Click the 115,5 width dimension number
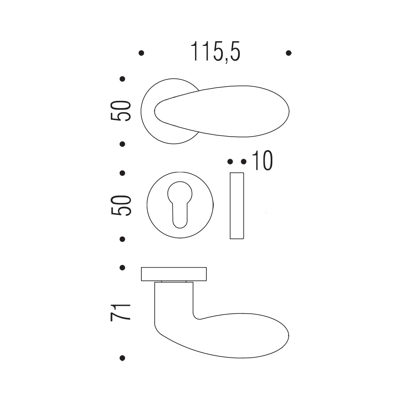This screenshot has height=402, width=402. pos(215,51)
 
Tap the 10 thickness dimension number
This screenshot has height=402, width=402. pos(262,161)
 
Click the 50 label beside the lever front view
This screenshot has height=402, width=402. pos(121,111)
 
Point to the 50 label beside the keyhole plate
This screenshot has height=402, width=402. pos(121,205)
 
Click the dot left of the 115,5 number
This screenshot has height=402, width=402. pos(141,53)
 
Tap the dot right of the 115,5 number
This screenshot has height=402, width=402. pos(288,53)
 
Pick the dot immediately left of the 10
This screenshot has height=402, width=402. pos(244,161)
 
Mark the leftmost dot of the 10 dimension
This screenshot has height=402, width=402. pos(230,161)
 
